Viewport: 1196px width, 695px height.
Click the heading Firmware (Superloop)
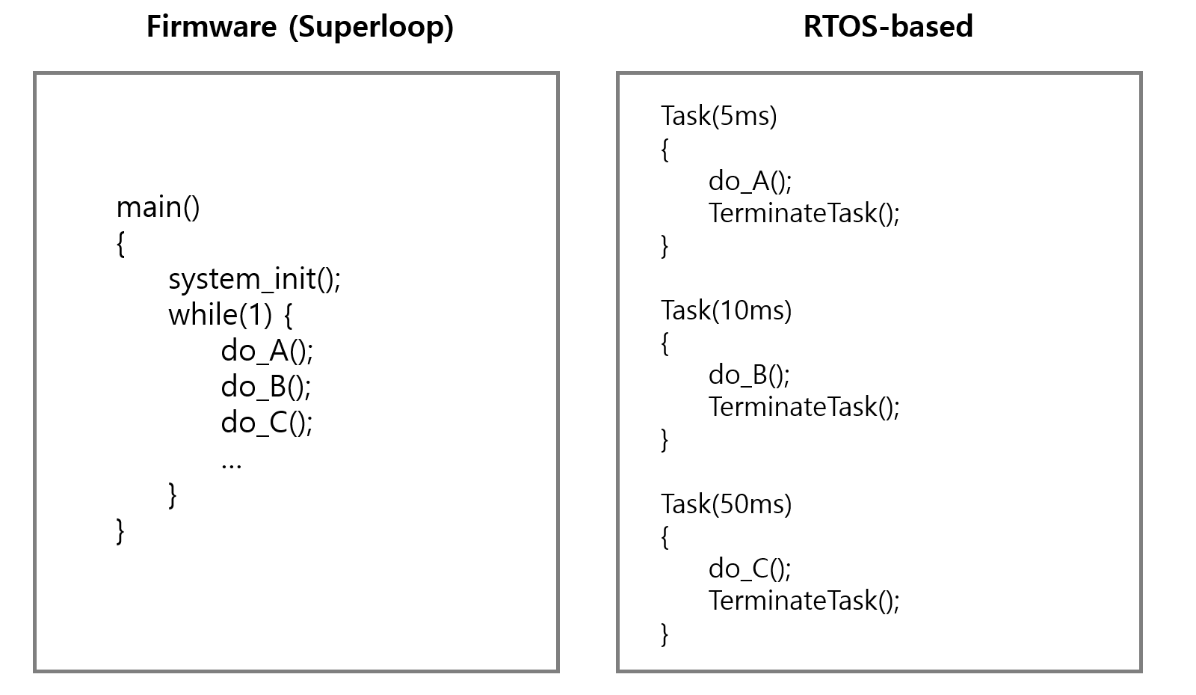point(300,27)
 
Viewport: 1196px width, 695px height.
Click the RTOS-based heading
point(888,27)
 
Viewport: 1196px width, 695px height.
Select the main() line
point(158,207)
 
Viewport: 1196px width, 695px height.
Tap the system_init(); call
point(254,279)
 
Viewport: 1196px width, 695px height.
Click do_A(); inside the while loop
point(267,351)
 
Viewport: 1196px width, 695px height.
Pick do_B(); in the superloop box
point(266,387)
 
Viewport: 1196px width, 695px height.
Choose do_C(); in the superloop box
point(267,423)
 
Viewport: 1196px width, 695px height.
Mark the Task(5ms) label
point(719,116)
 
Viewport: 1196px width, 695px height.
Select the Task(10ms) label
point(727,310)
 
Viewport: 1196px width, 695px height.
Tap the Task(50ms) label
point(727,504)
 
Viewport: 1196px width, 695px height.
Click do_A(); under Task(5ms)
point(750,180)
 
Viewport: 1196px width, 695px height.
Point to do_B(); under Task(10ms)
point(749,374)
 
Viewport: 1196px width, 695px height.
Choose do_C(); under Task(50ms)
point(750,569)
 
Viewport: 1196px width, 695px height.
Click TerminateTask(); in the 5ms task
point(804,213)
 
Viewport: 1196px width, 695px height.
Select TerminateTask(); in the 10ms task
point(804,407)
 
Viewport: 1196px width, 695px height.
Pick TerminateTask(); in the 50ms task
point(804,601)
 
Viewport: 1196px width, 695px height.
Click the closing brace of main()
point(120,530)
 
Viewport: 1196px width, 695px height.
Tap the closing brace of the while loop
point(173,495)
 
